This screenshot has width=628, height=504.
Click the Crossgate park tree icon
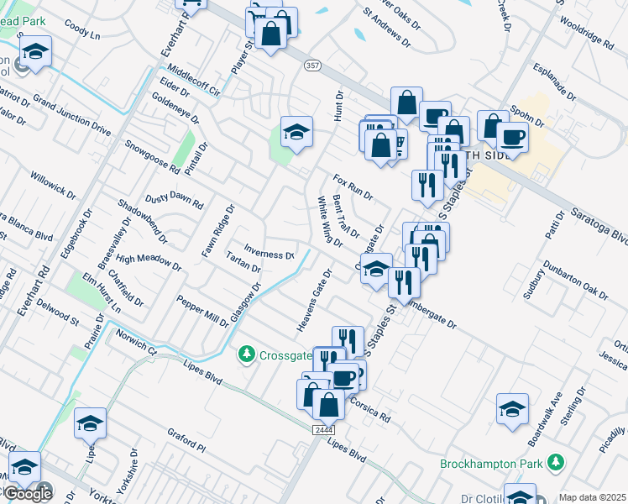tap(247, 354)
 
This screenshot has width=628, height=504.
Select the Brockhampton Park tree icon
tap(554, 463)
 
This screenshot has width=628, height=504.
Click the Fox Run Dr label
tap(353, 186)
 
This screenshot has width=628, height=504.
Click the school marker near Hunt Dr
tap(296, 132)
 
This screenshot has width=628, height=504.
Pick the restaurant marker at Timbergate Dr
tap(404, 282)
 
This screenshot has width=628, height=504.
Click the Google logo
tap(27, 494)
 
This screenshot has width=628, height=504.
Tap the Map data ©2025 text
tap(592, 497)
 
